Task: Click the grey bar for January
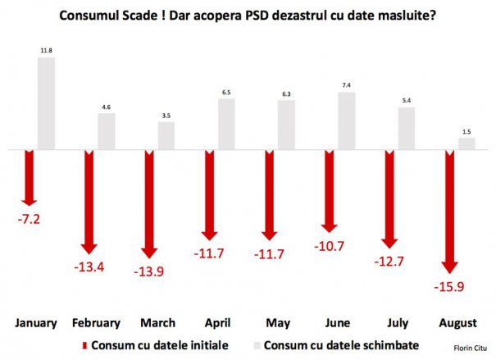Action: pos(46,103)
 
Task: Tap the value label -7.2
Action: pos(29,219)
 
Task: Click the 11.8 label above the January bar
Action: pos(46,51)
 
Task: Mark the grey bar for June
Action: pos(346,121)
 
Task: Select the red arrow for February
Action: pos(89,201)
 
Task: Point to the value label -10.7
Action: pos(329,244)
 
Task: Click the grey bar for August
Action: pos(466,144)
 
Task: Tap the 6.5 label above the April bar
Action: pos(226,93)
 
